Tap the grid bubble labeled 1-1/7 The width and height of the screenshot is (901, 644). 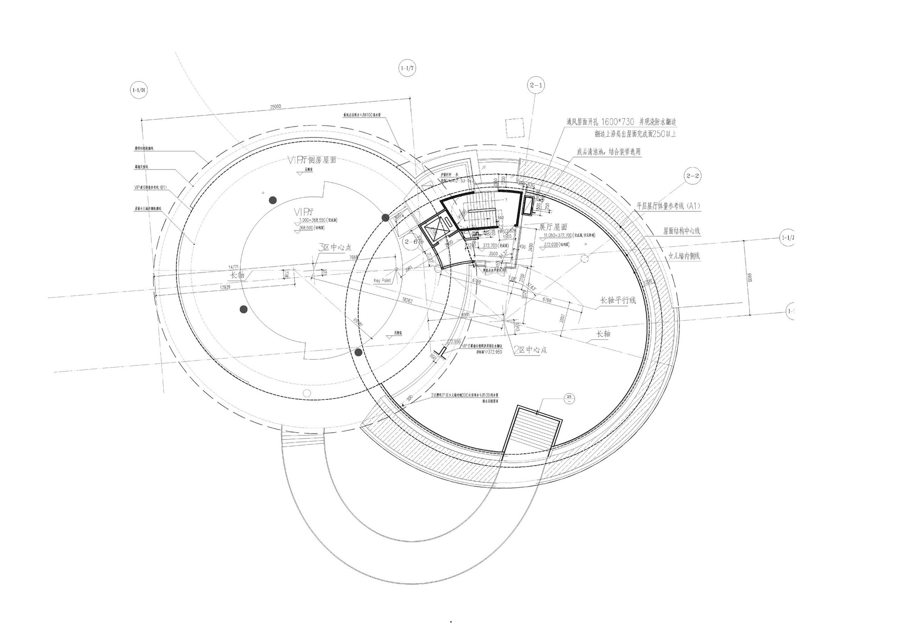tap(407, 69)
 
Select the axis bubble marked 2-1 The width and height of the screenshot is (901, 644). tap(536, 85)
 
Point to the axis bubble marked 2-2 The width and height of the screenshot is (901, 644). tap(692, 176)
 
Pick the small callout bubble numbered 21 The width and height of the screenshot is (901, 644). tap(569, 397)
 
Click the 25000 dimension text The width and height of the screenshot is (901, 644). tap(275, 107)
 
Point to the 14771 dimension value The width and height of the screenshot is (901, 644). tap(233, 267)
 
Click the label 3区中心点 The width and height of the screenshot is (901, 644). tap(334, 247)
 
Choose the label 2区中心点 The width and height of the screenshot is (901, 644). tap(530, 350)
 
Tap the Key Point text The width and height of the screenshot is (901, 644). tap(382, 281)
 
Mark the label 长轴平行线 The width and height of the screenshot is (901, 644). tap(618, 300)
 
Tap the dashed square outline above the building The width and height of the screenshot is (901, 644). tap(514, 128)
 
